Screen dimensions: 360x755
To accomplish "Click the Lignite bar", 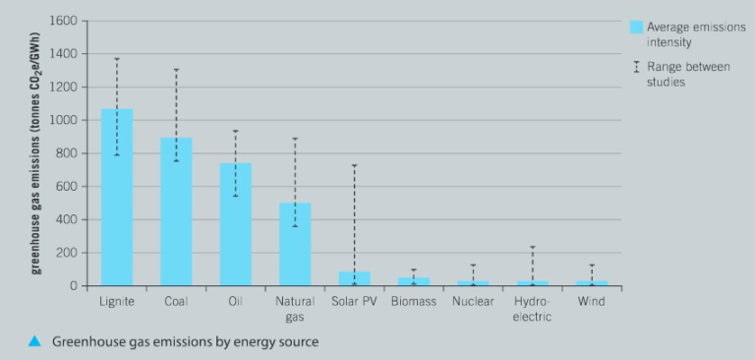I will coord(116,197).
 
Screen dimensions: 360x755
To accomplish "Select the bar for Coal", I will coord(176,211).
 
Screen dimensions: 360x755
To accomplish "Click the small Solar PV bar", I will coord(354,278).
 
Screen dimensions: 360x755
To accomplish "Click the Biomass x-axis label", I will coord(414,301).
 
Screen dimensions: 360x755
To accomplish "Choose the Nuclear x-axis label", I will coord(473,301).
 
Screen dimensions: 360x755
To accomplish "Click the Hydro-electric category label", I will coord(533,309).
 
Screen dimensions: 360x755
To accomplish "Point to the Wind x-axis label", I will coord(592,301).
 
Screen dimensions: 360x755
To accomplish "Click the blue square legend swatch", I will coord(637,28).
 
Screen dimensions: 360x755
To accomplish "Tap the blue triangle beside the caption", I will coord(33,341).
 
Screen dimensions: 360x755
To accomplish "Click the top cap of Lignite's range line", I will coord(116,59).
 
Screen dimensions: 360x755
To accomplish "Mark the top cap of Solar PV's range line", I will coord(354,165).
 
